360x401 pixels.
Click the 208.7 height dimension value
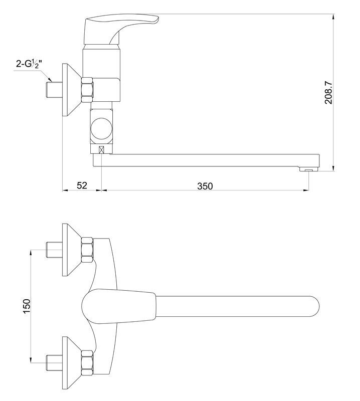[x=328, y=93]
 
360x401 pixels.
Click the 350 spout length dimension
[x=205, y=186]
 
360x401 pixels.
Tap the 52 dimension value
[x=82, y=185]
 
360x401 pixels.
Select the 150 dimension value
[x=27, y=306]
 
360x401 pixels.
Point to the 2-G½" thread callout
[x=28, y=64]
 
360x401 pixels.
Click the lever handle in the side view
[x=121, y=30]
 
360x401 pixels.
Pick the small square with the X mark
[x=102, y=149]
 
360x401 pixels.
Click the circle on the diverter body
[x=101, y=129]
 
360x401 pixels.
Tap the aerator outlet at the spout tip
[x=309, y=169]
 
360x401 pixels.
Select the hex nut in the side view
[x=87, y=90]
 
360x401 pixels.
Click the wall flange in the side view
[x=72, y=90]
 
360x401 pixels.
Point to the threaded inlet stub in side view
[x=54, y=90]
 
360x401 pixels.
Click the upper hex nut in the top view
[x=87, y=250]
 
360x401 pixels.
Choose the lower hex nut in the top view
[x=87, y=363]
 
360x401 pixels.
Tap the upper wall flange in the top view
[x=72, y=250]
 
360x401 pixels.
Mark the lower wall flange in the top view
[x=72, y=363]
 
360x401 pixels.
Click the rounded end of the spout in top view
[x=315, y=306]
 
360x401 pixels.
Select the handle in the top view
[x=119, y=306]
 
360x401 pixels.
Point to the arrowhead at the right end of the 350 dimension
[x=305, y=190]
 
